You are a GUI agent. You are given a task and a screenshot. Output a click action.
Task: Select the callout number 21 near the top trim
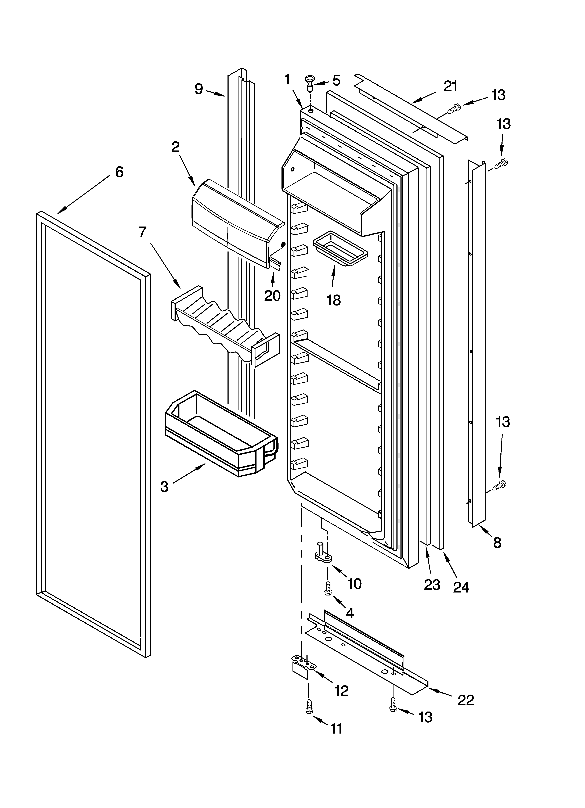450,86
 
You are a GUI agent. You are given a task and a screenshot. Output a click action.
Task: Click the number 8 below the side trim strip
497,543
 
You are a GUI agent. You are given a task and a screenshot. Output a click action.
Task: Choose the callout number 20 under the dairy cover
272,295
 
